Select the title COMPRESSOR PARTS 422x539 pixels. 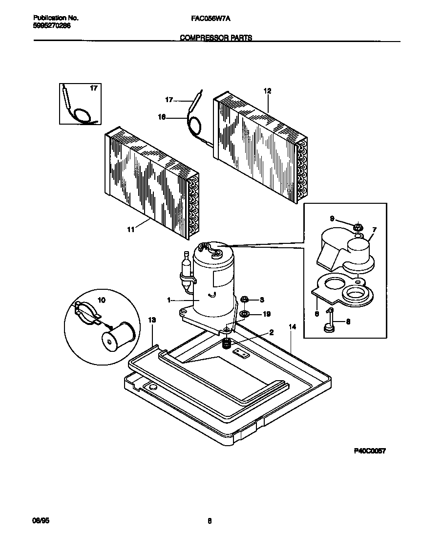pyautogui.click(x=216, y=38)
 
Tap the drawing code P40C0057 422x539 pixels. pyautogui.click(x=370, y=451)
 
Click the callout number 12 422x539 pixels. pyautogui.click(x=267, y=91)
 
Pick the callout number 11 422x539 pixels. pyautogui.click(x=130, y=229)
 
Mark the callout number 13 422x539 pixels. pyautogui.click(x=152, y=320)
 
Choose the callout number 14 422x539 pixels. pyautogui.click(x=292, y=326)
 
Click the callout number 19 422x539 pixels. pyautogui.click(x=266, y=314)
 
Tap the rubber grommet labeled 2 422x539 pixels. pyautogui.click(x=226, y=344)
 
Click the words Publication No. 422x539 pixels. pyautogui.click(x=52, y=18)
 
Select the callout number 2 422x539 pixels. pyautogui.click(x=272, y=332)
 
